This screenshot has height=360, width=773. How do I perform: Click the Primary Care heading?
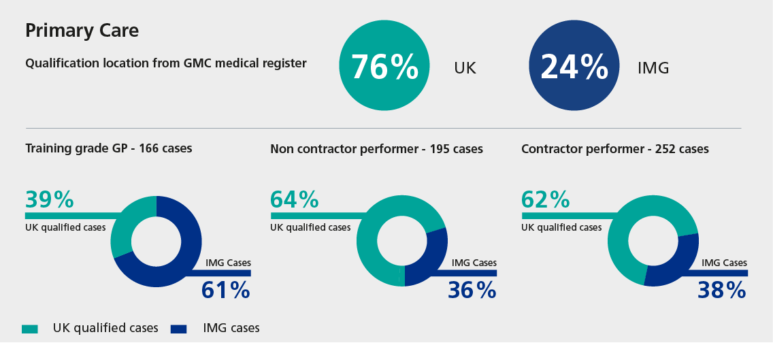82,31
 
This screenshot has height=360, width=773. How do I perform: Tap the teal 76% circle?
384,66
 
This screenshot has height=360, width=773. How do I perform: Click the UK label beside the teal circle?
465,68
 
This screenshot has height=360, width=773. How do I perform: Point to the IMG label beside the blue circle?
653,68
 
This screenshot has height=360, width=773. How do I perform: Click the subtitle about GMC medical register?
165,63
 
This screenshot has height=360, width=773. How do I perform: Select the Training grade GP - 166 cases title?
108,148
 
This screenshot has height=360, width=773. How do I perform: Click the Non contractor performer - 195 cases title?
376,148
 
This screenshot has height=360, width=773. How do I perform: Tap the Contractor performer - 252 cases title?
614,148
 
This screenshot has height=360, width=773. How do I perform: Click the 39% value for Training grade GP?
49,199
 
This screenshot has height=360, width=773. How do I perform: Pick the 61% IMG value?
226,290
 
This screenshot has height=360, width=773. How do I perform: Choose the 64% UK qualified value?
294,199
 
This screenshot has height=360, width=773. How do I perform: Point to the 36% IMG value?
472,290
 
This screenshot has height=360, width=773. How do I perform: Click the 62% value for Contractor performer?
545,199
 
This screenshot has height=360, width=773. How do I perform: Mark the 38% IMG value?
722,290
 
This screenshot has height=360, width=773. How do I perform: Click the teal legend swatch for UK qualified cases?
30,329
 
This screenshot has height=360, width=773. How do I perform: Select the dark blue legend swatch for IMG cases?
178,329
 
